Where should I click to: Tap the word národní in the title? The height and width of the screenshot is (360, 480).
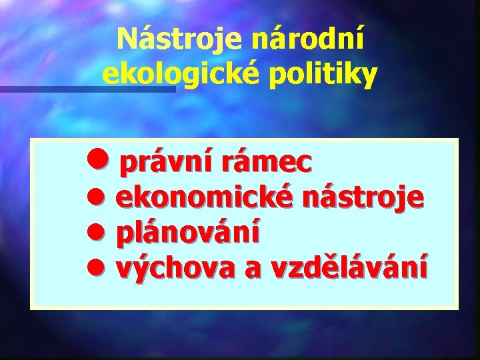click(x=308, y=41)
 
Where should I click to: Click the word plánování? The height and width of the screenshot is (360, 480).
click(x=189, y=233)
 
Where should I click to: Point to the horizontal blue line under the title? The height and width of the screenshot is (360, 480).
click(x=87, y=88)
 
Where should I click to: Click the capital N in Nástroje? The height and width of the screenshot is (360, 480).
click(x=127, y=41)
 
